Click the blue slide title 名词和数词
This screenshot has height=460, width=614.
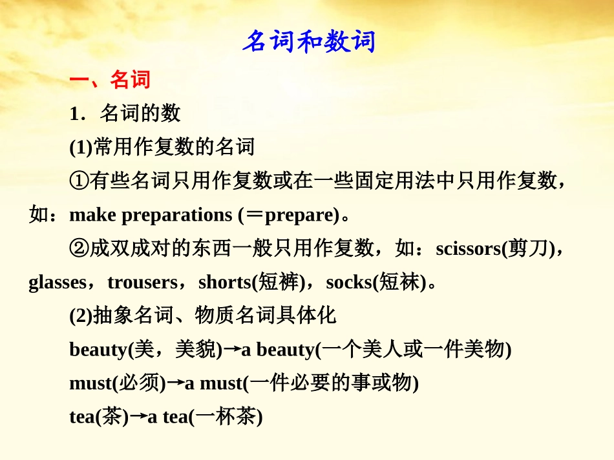tap(308, 42)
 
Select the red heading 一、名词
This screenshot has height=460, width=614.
tap(110, 79)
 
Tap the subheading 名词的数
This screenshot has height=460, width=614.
tap(140, 114)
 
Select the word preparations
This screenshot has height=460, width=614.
tap(176, 215)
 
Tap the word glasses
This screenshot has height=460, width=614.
tap(57, 282)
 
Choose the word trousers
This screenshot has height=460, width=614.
tap(142, 282)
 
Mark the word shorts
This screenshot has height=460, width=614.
tap(224, 282)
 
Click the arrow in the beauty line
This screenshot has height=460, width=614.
tap(231, 350)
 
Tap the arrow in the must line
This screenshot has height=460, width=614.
tap(175, 383)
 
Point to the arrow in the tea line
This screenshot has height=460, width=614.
tap(138, 417)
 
